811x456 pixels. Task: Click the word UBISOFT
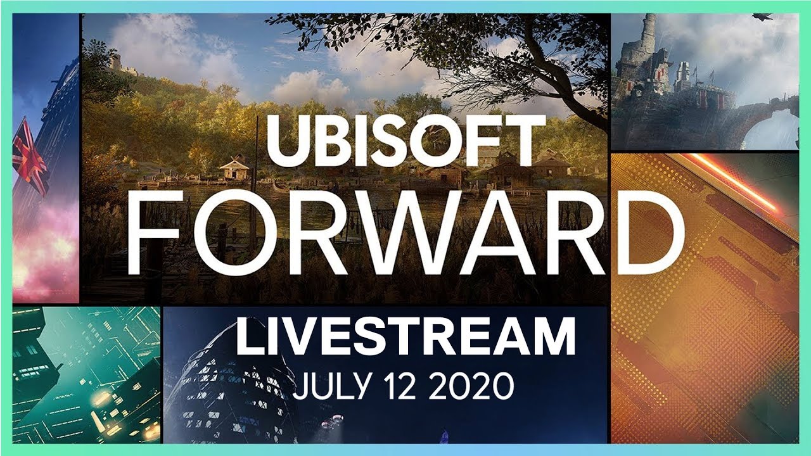[406, 141]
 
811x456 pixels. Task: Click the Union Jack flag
[30, 156]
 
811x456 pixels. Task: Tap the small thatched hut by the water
[234, 167]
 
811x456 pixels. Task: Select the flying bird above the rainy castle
[762, 16]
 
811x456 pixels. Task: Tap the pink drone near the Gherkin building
[332, 422]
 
